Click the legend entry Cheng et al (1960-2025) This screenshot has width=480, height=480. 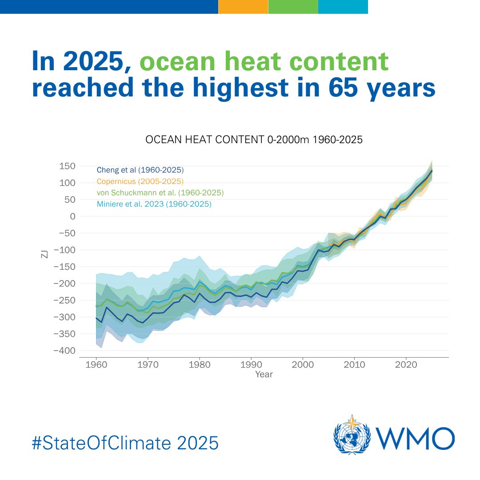(x=140, y=170)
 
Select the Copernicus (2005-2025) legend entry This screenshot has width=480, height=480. (x=140, y=181)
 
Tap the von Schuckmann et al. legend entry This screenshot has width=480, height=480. (x=160, y=193)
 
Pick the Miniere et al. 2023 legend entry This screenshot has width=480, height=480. (x=154, y=204)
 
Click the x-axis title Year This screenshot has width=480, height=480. (x=264, y=375)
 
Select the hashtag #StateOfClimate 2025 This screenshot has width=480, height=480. (x=125, y=443)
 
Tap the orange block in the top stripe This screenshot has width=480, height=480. (x=243, y=7)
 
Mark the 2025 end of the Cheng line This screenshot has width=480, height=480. (x=432, y=171)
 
